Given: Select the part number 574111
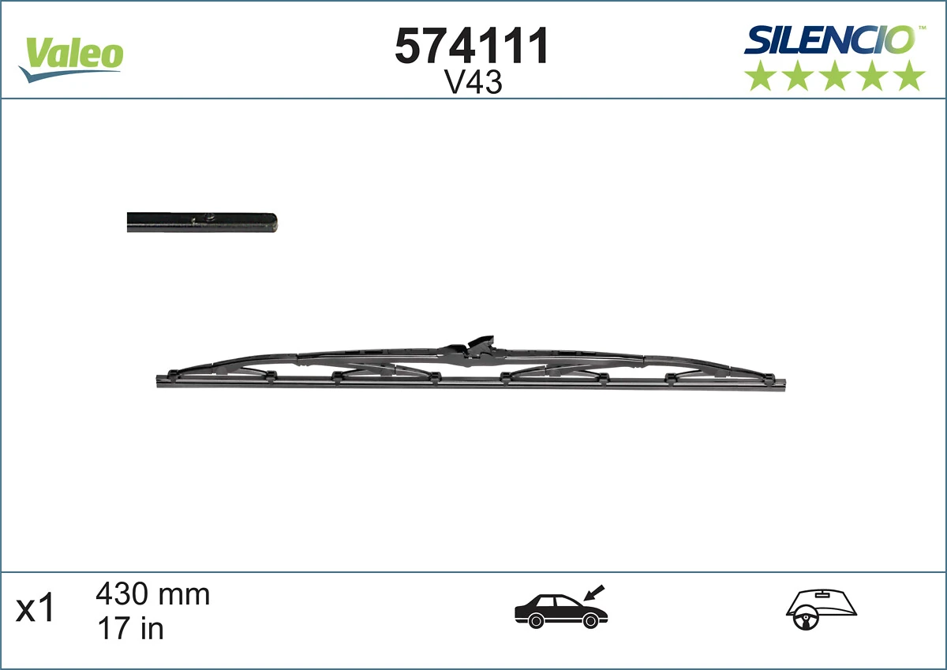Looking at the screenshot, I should [x=471, y=47].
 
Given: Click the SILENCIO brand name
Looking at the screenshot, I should [x=829, y=39].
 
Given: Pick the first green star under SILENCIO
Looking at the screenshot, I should [x=760, y=76].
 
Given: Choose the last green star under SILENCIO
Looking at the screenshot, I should [x=910, y=76].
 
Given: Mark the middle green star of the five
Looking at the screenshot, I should [x=835, y=76].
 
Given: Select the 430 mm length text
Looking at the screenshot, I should [x=152, y=593].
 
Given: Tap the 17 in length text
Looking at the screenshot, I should [x=129, y=628].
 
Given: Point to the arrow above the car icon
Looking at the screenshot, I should [x=593, y=591].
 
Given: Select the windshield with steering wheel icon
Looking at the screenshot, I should [x=821, y=609].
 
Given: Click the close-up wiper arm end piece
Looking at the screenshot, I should [x=202, y=223].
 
